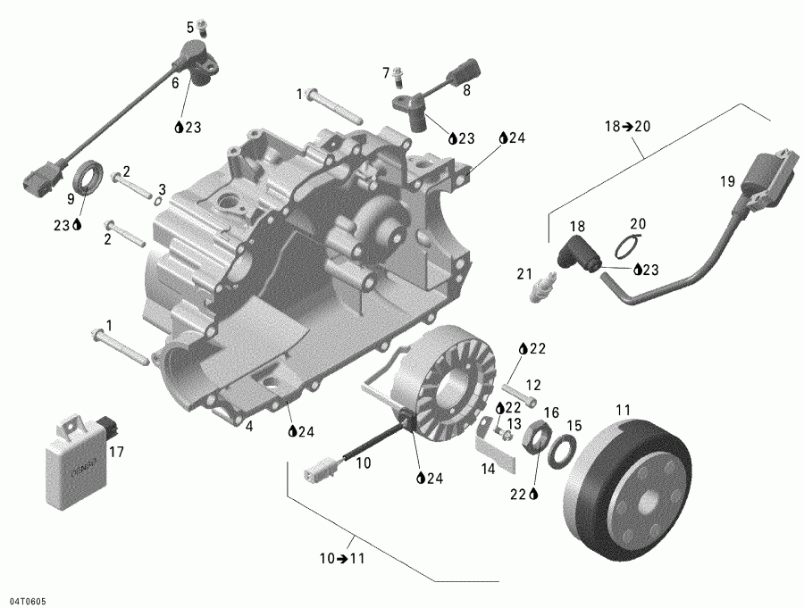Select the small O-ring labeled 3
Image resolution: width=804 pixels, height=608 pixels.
pyautogui.click(x=158, y=201)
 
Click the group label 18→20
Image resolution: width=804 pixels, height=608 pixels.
pyautogui.click(x=627, y=127)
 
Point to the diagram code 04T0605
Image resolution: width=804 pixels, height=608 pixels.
pyautogui.click(x=24, y=601)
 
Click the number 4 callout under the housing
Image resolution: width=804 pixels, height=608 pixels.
pyautogui.click(x=249, y=427)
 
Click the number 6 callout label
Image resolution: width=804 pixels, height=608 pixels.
pyautogui.click(x=175, y=82)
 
